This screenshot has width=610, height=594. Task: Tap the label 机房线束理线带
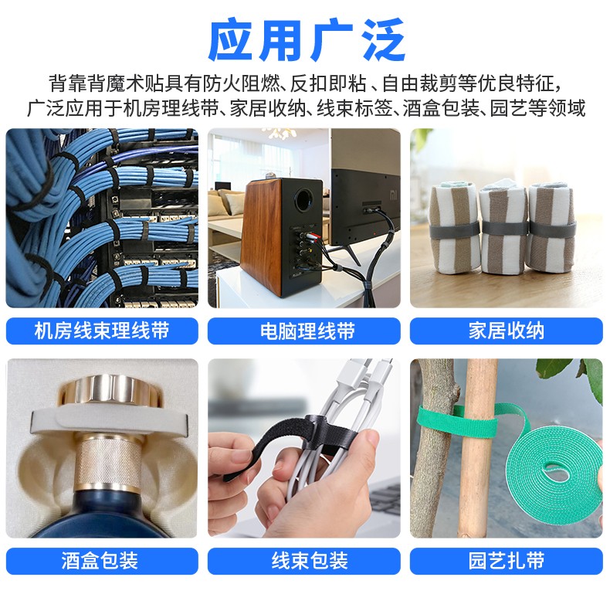[102, 331]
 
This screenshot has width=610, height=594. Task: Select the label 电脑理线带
[304, 331]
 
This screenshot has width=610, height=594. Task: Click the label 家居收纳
[506, 331]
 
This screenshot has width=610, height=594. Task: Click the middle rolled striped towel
[502, 228]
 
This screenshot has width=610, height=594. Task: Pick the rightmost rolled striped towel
[551, 228]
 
